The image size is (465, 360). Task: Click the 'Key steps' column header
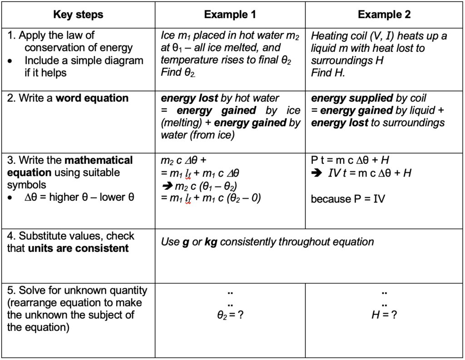[x=78, y=15]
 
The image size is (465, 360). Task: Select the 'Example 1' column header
[x=230, y=15]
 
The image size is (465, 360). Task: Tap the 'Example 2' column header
[x=384, y=15]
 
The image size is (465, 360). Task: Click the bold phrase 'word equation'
[x=92, y=98]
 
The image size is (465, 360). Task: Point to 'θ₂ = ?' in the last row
[x=230, y=315]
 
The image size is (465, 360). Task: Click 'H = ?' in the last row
[x=384, y=315]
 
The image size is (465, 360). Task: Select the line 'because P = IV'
[x=348, y=199]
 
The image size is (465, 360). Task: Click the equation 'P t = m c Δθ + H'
[x=350, y=160]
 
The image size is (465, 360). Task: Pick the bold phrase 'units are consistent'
[x=78, y=248]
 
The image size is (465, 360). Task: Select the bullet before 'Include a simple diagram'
[x=10, y=60]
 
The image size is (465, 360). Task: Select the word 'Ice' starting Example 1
[x=168, y=35]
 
